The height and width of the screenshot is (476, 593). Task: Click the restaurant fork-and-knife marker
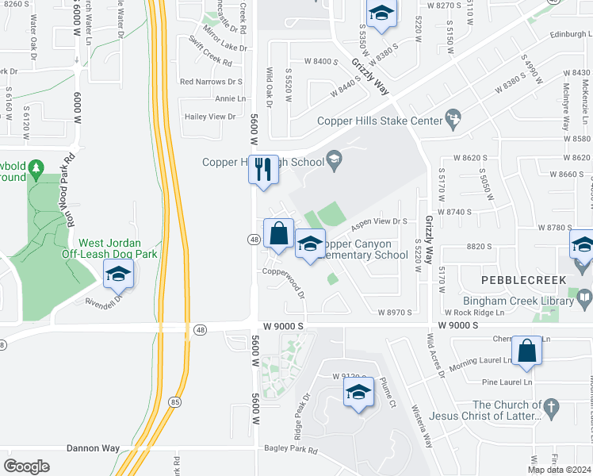263,169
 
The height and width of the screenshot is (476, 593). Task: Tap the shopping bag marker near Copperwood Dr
278,233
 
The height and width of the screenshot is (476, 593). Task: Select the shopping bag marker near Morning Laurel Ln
526,350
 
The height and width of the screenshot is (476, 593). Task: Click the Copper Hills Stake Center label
379,121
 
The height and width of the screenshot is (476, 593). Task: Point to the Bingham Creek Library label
529,301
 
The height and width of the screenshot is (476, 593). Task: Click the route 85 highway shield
175,403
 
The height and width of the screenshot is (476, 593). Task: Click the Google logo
27,466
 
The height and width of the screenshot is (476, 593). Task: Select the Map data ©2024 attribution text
559,470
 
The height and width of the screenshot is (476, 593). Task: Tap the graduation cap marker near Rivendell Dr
118,274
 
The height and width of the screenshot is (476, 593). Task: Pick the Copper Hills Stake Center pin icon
453,121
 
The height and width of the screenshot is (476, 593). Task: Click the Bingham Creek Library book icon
584,300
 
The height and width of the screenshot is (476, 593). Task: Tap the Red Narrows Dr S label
211,81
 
